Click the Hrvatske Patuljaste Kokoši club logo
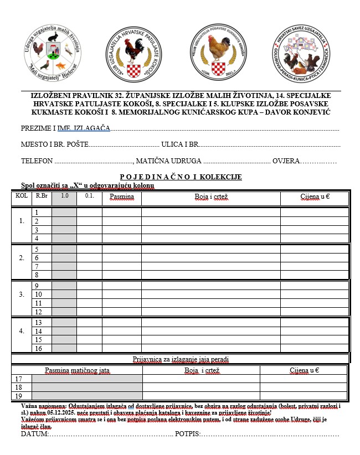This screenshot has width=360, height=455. [133, 54]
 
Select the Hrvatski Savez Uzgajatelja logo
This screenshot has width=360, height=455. [305, 54]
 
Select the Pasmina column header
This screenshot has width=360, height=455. [122, 197]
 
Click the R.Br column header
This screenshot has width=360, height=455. [41, 196]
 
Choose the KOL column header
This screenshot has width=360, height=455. [22, 196]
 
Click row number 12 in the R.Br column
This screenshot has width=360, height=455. [38, 312]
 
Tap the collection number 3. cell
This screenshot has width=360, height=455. [22, 294]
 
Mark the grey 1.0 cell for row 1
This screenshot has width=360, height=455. [64, 212]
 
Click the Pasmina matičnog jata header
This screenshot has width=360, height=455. [77, 370]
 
